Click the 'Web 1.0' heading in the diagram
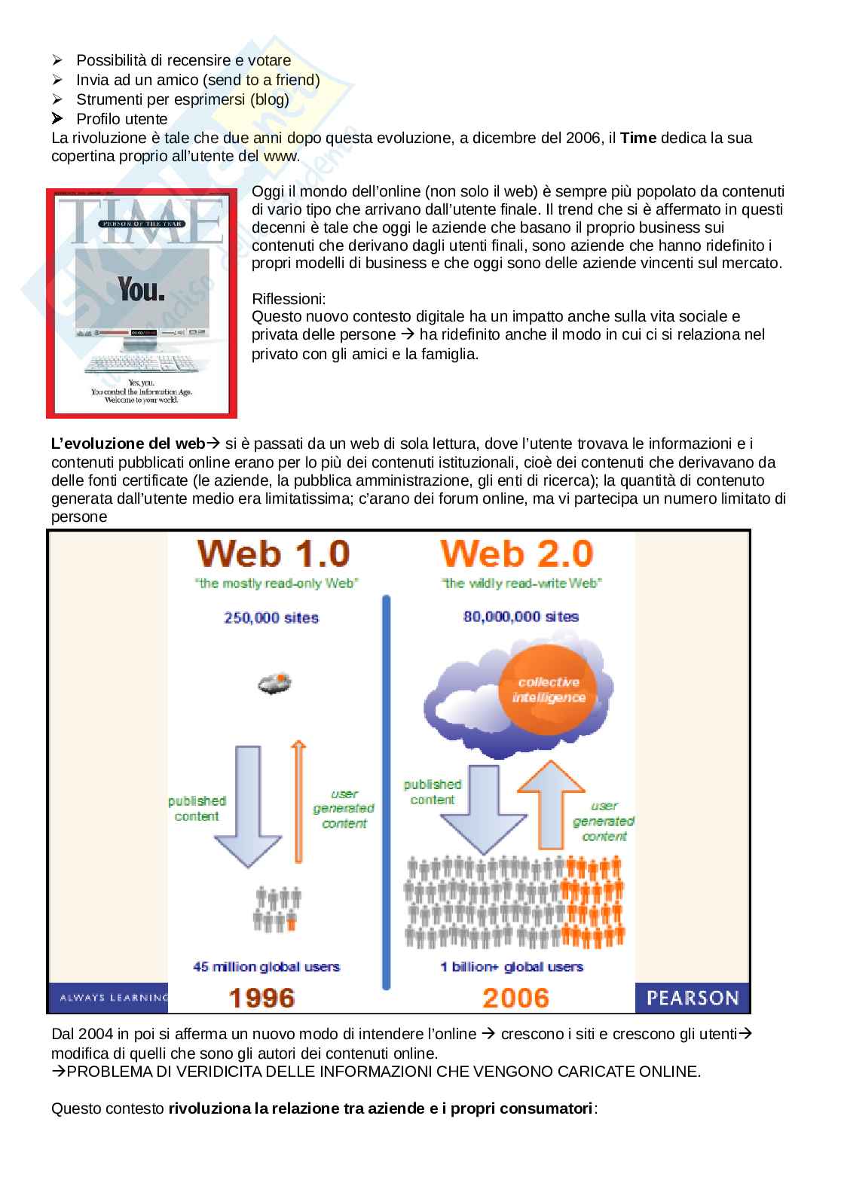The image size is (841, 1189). pos(274,554)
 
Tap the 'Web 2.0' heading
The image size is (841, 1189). pos(516,554)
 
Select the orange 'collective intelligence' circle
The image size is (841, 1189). pos(549,690)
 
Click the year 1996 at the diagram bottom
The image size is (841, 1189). pos(261,998)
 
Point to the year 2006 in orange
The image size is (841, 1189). pos(516,998)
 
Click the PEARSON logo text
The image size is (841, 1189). pos(693,998)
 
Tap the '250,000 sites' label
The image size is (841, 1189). pos(271,617)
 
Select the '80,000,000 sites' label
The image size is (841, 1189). pos(521,617)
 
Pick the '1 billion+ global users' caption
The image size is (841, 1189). pos(512,967)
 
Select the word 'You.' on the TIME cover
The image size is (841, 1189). pos(141,289)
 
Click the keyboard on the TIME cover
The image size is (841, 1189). pos(139,364)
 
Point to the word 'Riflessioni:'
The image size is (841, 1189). pos(289,299)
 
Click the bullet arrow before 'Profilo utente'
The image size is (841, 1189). pos(58,118)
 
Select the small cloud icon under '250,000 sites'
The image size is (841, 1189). pos(274,684)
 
